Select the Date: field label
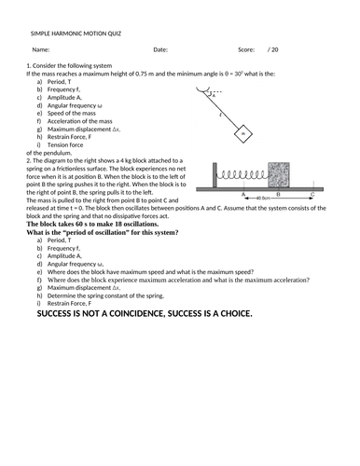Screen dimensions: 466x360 [x=160, y=49]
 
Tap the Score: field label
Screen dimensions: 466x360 [x=246, y=49]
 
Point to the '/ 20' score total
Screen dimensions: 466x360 [x=273, y=49]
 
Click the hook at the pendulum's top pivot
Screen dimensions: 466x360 [x=204, y=90]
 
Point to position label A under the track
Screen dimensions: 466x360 [x=242, y=194]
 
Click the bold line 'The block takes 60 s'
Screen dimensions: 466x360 [x=92, y=225]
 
